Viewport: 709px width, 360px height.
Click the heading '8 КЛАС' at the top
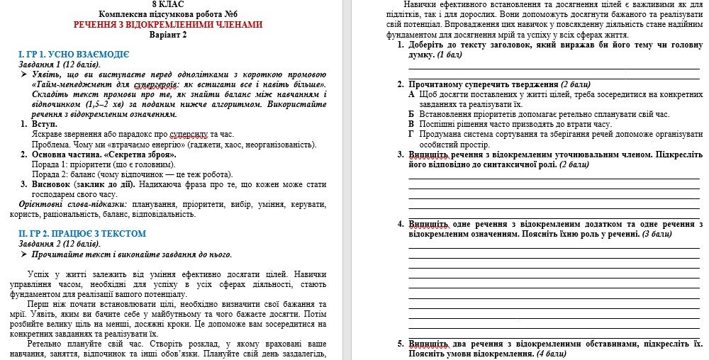tap(167, 4)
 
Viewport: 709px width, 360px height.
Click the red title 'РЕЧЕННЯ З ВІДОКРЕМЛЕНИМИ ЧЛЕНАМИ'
tap(168, 24)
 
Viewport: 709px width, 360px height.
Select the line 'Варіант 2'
tap(168, 35)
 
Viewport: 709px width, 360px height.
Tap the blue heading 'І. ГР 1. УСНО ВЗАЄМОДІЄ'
tap(74, 54)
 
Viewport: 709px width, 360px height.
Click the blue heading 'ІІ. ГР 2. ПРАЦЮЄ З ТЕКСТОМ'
tap(82, 233)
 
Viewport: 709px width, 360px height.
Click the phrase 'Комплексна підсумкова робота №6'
tap(168, 14)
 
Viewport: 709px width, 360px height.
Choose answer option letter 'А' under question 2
tap(412, 94)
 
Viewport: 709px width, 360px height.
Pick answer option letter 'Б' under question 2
tap(412, 114)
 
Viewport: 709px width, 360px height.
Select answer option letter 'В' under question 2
tap(412, 124)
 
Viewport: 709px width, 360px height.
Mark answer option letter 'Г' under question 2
tap(412, 134)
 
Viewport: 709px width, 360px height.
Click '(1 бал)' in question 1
tap(450, 55)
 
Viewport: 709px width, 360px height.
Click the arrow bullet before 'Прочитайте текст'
tap(24, 254)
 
